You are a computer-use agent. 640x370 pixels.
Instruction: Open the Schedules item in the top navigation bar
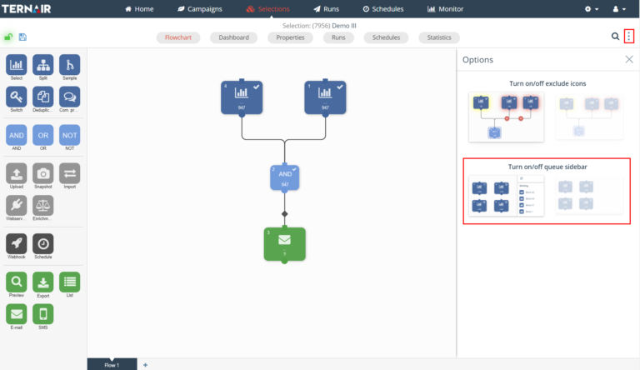coord(383,9)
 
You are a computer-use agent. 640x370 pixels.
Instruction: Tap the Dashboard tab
coord(234,37)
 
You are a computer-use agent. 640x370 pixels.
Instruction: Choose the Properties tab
coord(291,37)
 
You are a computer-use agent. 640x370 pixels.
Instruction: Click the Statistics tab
coord(439,37)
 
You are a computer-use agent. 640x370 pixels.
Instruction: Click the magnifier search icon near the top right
coord(615,37)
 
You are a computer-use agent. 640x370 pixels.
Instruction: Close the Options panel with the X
coord(629,60)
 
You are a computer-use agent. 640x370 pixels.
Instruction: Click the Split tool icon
coord(43,65)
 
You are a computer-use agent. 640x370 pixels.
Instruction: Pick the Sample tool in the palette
coord(70,65)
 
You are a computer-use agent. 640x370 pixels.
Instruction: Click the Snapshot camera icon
coord(43,172)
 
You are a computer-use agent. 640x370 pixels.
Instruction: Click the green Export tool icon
coord(43,282)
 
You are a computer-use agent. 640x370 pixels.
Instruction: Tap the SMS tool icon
coord(43,313)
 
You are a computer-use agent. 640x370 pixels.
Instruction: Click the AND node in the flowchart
coord(285,177)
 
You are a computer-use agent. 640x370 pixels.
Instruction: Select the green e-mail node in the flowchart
coord(285,243)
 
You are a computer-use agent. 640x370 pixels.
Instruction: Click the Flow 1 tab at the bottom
coord(112,365)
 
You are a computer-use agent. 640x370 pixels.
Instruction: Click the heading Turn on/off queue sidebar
coord(547,167)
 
